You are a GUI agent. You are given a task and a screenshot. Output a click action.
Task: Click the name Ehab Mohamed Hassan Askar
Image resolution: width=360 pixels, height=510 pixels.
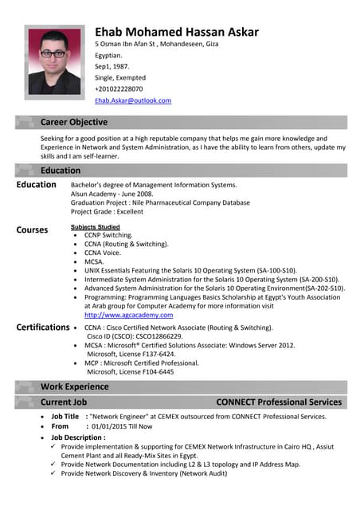[x=176, y=32]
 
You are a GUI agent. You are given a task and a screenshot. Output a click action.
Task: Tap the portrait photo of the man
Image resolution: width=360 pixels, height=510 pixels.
[x=54, y=61]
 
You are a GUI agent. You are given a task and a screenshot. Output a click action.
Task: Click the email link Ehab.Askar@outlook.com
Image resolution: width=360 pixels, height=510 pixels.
[x=133, y=100]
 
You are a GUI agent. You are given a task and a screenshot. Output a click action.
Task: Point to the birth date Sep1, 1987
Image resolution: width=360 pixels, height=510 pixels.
[x=112, y=67]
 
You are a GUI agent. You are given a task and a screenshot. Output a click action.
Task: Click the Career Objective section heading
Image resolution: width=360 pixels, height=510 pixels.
[x=74, y=122]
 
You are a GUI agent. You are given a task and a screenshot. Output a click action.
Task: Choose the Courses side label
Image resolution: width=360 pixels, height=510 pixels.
[x=32, y=229]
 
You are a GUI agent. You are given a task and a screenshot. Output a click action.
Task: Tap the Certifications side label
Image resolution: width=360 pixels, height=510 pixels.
[x=43, y=327]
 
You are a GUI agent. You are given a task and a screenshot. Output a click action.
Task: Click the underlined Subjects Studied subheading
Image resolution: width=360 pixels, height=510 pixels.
[x=95, y=227]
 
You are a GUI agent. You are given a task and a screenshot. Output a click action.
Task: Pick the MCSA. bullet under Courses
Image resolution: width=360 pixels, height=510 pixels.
[x=94, y=261]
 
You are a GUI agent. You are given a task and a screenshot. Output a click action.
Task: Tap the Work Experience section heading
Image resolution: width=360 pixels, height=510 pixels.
[x=74, y=386]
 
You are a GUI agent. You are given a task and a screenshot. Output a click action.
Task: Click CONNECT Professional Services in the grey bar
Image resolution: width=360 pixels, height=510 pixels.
[x=279, y=402]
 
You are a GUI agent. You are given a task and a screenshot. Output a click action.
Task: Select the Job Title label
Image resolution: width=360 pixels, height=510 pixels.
[x=65, y=416]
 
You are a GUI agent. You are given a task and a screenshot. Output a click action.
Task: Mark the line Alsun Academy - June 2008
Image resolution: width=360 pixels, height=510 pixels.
[x=117, y=194]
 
